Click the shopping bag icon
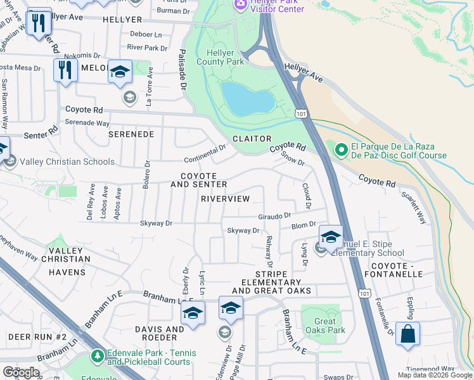[407, 332]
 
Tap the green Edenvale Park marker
[96, 357]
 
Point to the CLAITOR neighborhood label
[251, 139]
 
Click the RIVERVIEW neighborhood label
[225, 199]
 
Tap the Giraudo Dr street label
[274, 216]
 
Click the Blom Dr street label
[304, 225]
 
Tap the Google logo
[21, 372]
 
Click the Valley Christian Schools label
[67, 161]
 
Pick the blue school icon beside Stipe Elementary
[330, 237]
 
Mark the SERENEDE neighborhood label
[131, 135]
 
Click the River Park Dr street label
[147, 47]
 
